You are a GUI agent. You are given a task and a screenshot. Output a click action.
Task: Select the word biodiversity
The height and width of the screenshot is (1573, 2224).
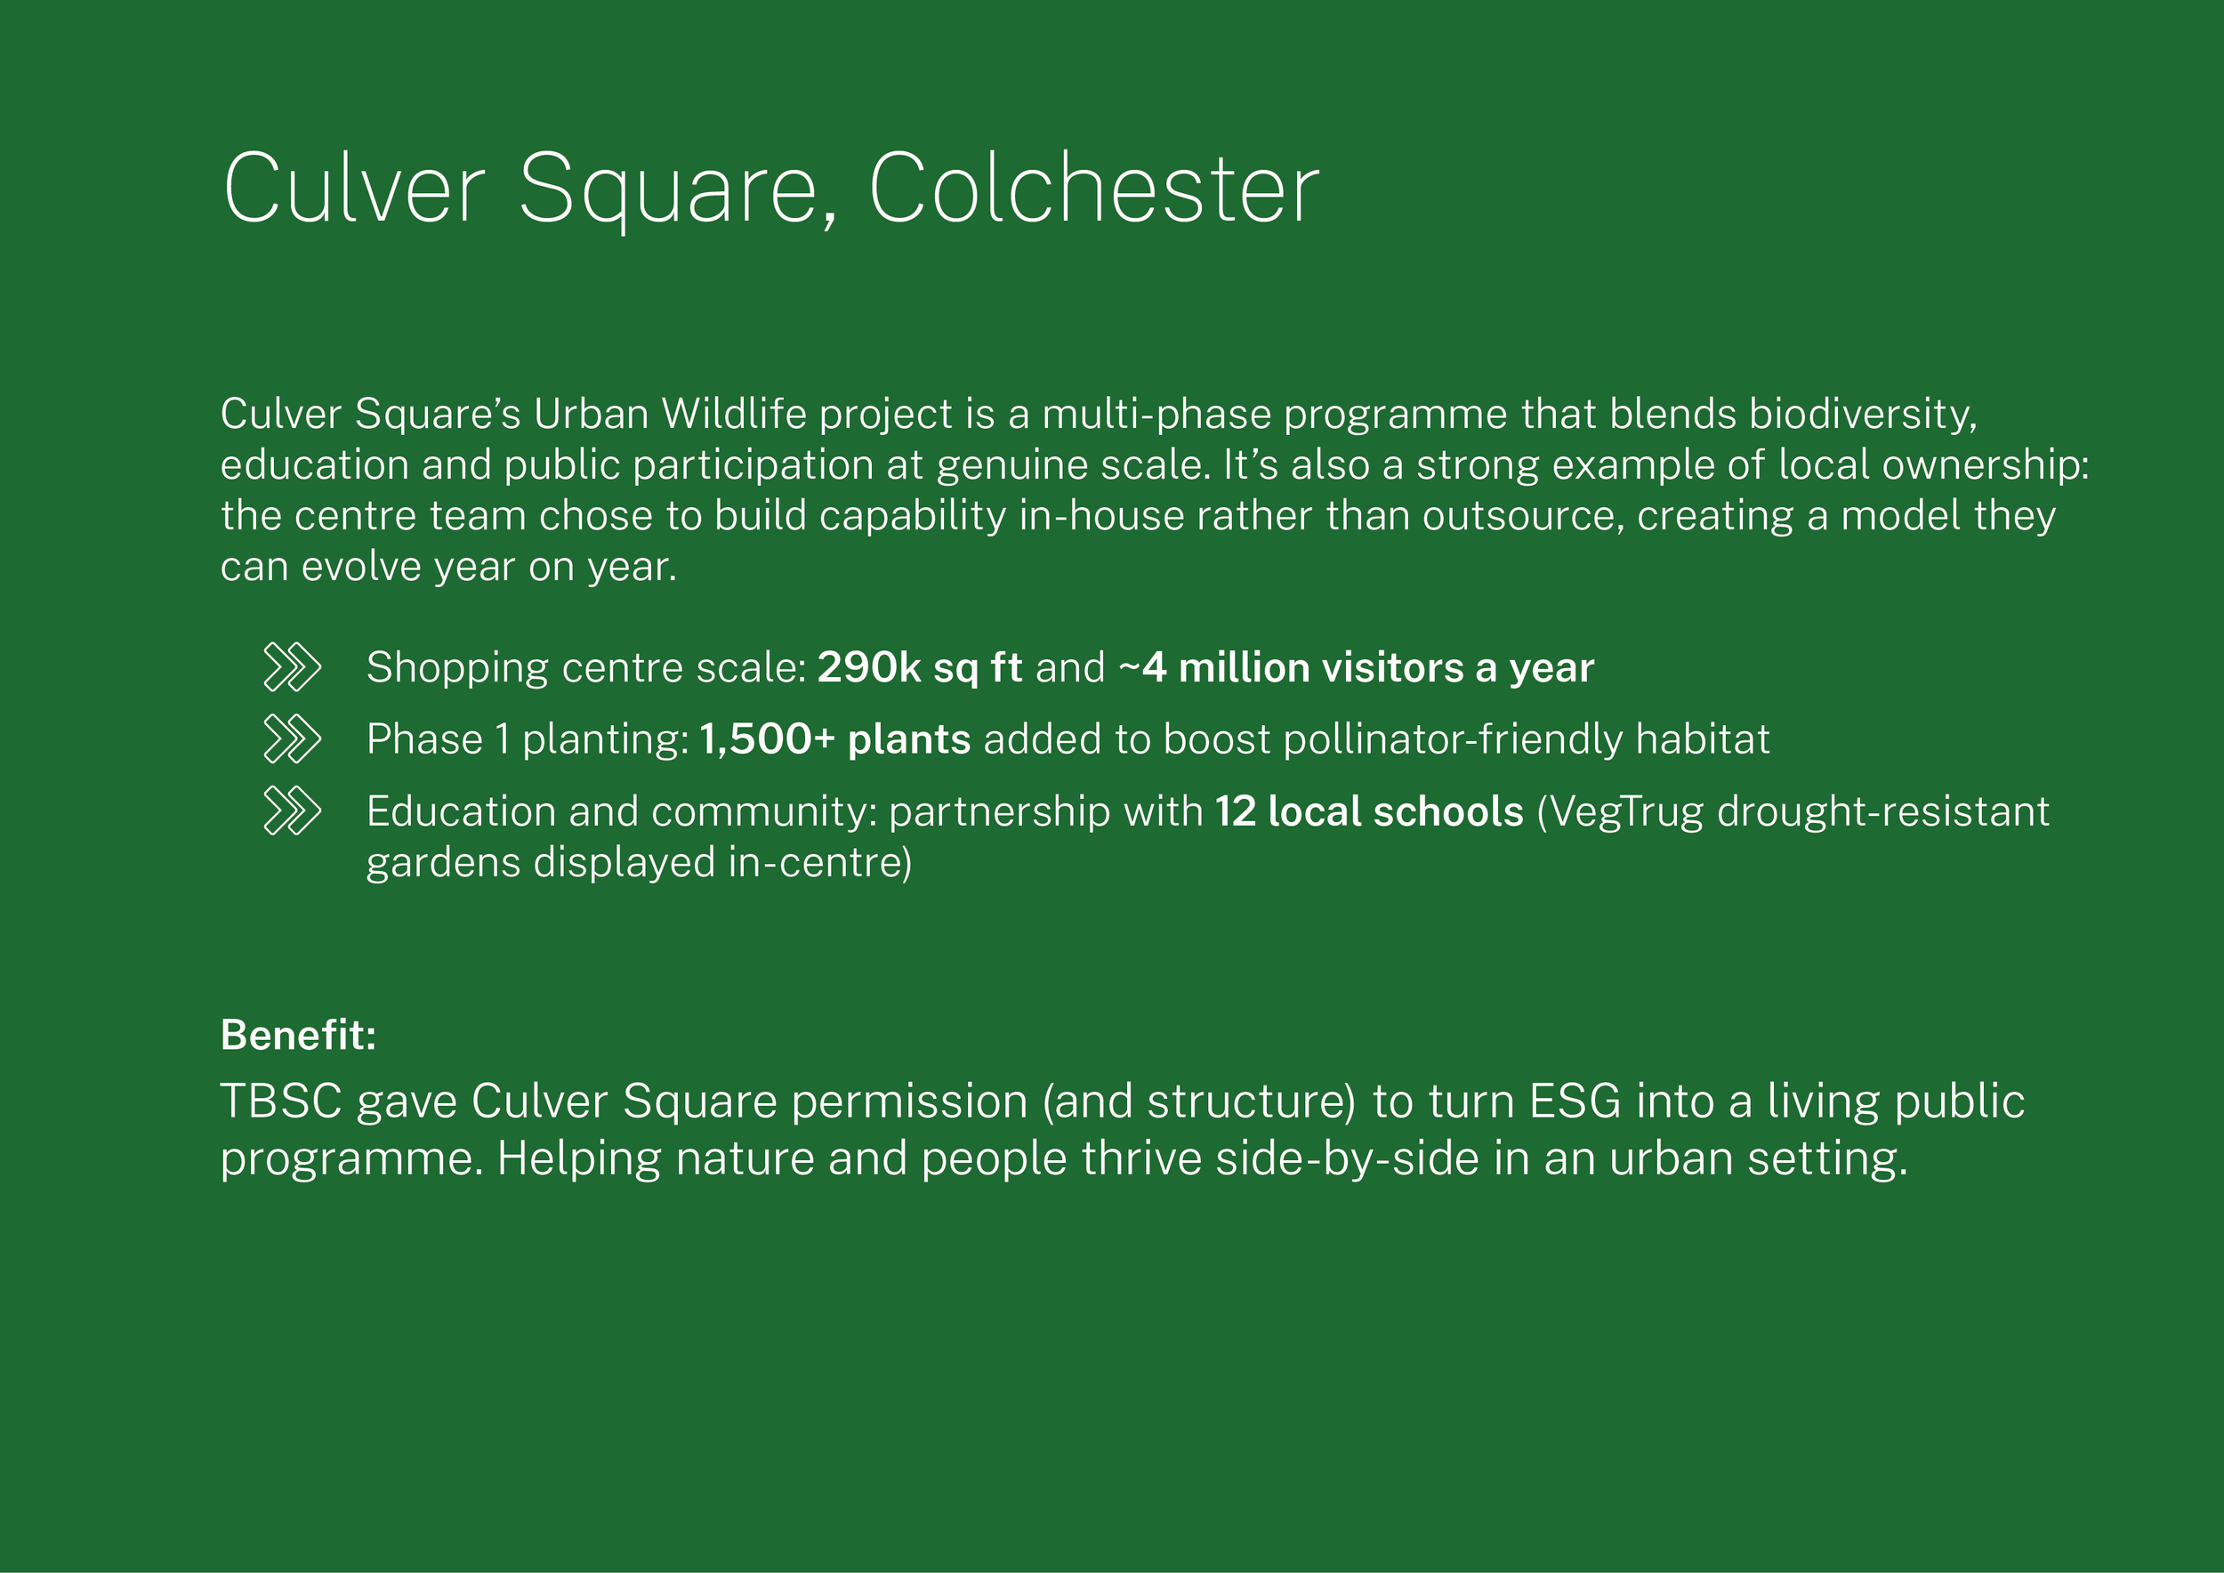point(1862,414)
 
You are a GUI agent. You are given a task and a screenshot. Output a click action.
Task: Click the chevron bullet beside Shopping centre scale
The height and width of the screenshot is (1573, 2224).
point(292,667)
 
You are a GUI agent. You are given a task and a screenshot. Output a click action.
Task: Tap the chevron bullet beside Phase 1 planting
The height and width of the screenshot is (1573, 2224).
point(292,739)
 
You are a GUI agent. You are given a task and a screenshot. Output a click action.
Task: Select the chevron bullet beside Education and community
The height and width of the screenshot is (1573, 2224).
point(292,811)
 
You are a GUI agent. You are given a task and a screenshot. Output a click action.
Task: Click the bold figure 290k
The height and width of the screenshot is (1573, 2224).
point(868,667)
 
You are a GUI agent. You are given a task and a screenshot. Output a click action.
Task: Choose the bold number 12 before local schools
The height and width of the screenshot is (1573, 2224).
point(1235,811)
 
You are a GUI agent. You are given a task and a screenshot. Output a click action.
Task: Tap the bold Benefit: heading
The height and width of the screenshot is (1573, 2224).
point(298,1036)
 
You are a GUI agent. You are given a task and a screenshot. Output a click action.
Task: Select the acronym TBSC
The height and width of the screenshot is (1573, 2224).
point(281,1101)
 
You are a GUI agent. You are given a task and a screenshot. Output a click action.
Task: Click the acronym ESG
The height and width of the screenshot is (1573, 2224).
point(1575,1101)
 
